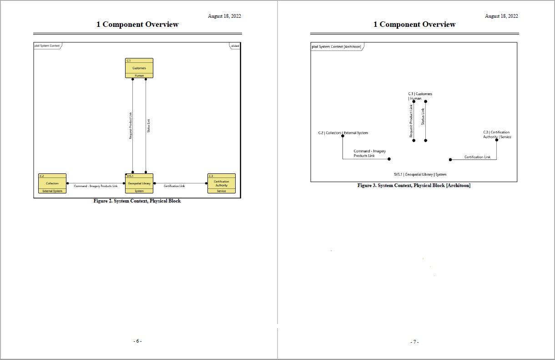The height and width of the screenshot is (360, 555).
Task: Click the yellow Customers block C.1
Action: (139, 68)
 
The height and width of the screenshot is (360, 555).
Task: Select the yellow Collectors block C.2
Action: (52, 183)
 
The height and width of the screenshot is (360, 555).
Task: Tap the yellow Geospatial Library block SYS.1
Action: (139, 183)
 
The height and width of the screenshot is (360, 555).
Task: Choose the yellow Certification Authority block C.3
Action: (221, 183)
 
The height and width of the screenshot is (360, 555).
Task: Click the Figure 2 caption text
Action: (137, 201)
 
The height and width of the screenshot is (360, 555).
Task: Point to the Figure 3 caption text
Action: (414, 186)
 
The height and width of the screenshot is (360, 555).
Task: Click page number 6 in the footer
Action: (137, 341)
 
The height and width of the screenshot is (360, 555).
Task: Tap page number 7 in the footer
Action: (414, 342)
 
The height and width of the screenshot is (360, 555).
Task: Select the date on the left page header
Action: (224, 16)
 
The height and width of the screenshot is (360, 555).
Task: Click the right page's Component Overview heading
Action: (414, 25)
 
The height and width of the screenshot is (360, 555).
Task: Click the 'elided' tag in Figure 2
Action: (235, 46)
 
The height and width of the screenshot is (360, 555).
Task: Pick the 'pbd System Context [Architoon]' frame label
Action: (336, 46)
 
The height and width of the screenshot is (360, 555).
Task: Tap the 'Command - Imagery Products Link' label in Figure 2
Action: (96, 186)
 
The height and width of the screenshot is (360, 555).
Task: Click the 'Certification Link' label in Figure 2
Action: (174, 186)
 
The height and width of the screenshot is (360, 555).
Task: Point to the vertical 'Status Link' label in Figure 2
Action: (148, 126)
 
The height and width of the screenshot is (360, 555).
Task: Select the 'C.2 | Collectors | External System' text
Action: (343, 133)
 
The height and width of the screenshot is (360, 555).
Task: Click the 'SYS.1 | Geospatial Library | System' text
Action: (420, 174)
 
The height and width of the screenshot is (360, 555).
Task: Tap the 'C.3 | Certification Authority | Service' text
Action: (497, 135)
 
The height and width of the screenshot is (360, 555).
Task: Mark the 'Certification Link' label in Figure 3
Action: (477, 157)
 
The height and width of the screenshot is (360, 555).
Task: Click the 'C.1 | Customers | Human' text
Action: (420, 96)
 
